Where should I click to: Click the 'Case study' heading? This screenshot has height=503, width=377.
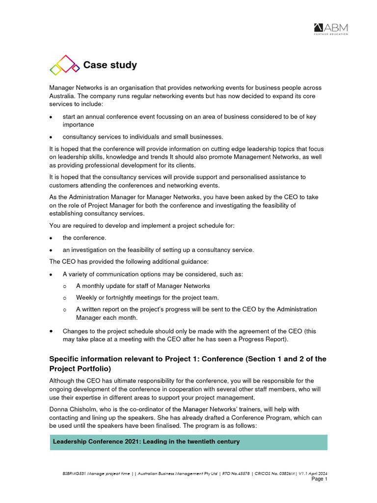[110, 65]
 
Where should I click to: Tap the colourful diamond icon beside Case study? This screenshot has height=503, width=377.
[64, 65]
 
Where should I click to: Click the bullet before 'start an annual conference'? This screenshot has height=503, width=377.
[52, 117]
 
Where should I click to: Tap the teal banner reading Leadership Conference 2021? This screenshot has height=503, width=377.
[188, 442]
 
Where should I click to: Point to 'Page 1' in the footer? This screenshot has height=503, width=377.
[320, 479]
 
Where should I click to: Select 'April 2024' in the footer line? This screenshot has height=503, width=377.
[318, 474]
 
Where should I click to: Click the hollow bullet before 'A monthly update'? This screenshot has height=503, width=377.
[65, 286]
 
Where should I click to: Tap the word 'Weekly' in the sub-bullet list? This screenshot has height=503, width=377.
[86, 297]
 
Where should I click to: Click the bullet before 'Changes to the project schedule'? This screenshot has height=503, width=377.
[52, 331]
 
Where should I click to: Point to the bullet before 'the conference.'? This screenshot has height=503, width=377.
[52, 238]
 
